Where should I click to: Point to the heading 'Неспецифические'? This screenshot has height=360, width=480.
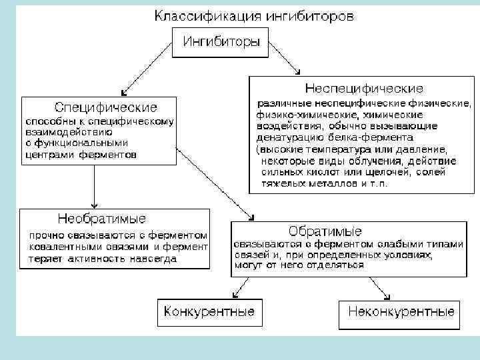click(x=363, y=88)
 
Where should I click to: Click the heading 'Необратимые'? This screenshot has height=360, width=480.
click(x=102, y=219)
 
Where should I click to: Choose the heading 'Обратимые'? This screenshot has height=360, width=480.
click(x=325, y=231)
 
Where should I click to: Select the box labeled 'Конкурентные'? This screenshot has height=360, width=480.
click(x=210, y=311)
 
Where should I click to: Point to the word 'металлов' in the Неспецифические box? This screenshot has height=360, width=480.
click(x=322, y=182)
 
